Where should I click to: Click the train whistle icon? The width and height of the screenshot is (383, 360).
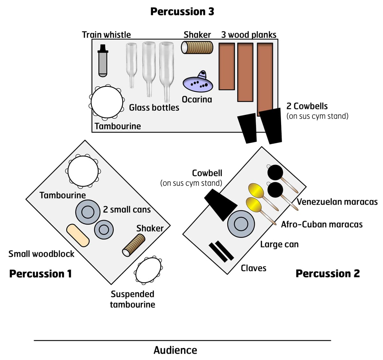pos(103,61)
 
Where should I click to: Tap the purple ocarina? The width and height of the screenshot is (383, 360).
pos(198,82)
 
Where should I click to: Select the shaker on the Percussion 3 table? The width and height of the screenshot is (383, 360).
pos(197,47)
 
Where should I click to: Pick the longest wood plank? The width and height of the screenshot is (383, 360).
pos(265,78)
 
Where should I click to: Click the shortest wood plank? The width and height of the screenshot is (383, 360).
pos(227,66)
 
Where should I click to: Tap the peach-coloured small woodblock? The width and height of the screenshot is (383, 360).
pos(78,235)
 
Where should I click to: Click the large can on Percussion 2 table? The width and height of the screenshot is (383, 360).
pos(241,224)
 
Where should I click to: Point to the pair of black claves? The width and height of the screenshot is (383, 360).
pos(221,251)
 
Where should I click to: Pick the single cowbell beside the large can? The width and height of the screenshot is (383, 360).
pos(221,205)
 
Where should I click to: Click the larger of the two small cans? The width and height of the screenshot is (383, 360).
pos(88,212)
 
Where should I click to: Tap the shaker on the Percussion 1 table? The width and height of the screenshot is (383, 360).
pos(134,245)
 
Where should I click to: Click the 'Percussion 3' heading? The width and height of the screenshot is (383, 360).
pos(182,11)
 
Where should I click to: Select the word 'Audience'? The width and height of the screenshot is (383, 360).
pos(175,350)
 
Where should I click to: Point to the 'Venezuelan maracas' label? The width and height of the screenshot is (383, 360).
pos(337,202)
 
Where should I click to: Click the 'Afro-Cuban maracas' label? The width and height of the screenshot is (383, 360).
pos(321,224)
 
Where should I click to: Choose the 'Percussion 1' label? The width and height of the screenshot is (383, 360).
pos(41,274)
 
